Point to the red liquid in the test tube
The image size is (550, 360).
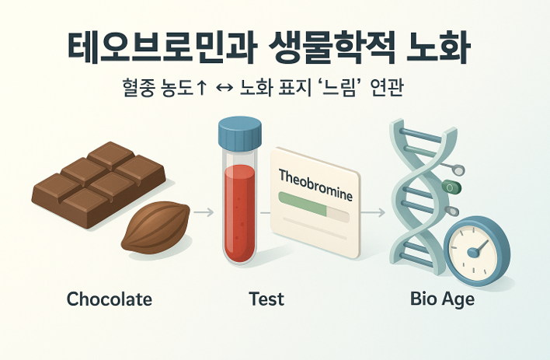coord(239,210)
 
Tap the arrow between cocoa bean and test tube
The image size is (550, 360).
coord(204,211)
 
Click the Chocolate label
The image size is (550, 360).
coord(110,299)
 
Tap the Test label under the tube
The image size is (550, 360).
coord(266,299)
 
